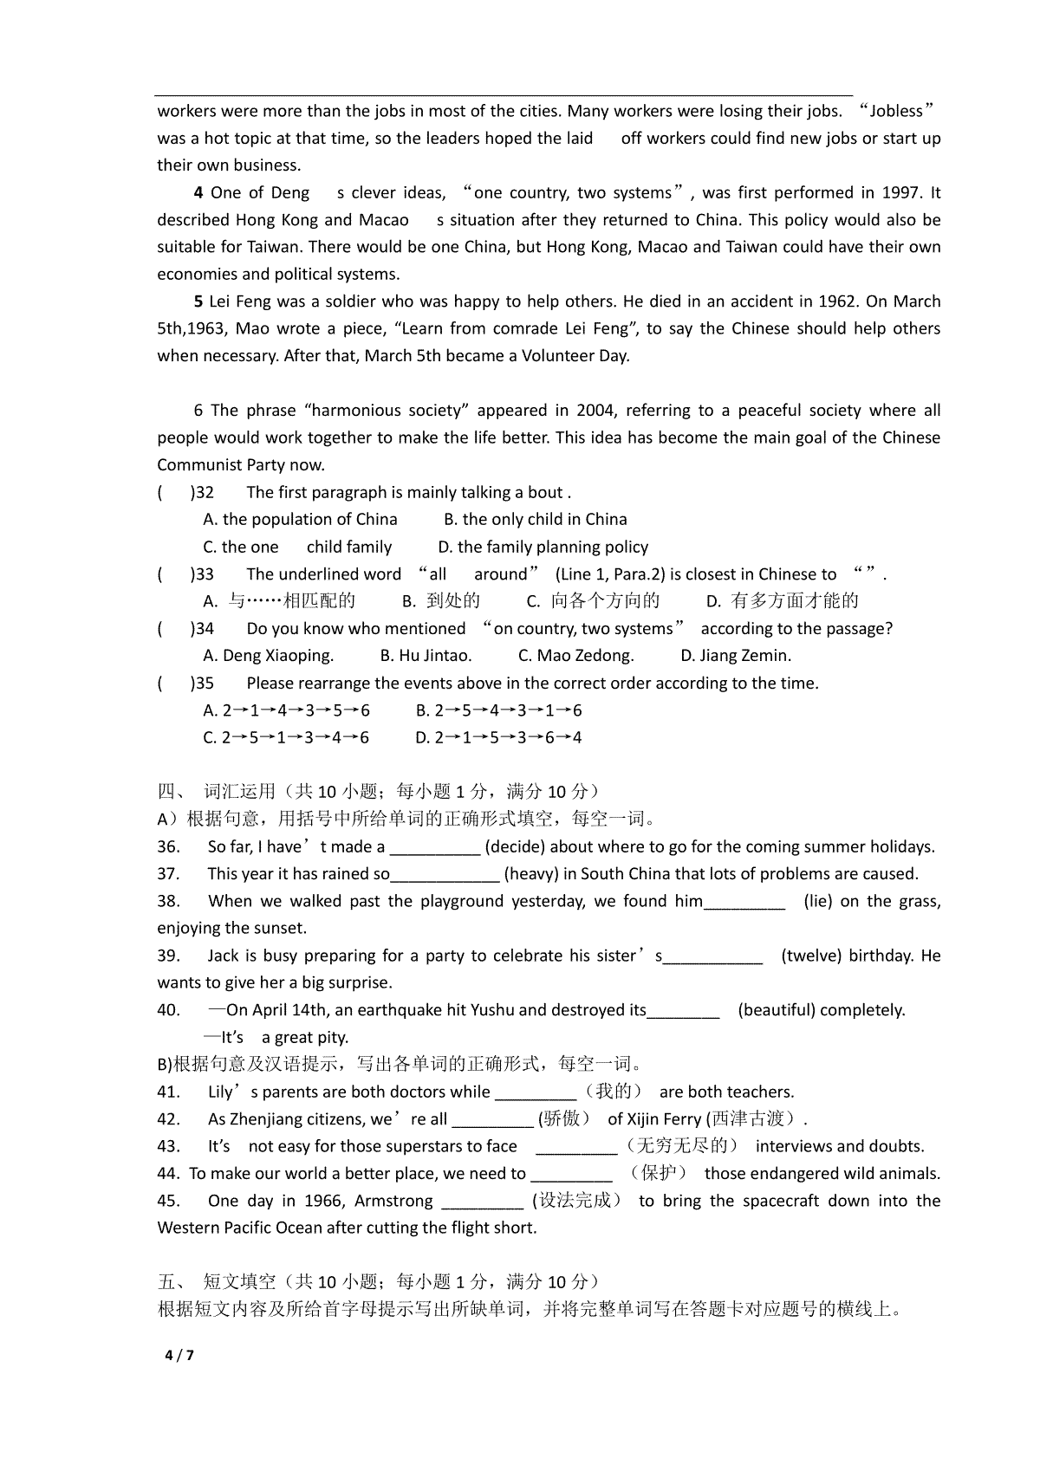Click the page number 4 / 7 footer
click(179, 1355)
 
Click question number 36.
click(168, 846)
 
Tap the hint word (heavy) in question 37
click(531, 873)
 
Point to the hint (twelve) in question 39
click(811, 956)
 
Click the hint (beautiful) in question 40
click(778, 1010)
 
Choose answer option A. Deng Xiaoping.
click(269, 656)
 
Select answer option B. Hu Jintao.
click(426, 656)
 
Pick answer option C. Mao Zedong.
click(576, 656)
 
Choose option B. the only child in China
click(536, 520)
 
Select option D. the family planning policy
click(543, 547)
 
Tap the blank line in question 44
click(571, 1175)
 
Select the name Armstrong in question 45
click(394, 1201)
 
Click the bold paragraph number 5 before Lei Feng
click(199, 301)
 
